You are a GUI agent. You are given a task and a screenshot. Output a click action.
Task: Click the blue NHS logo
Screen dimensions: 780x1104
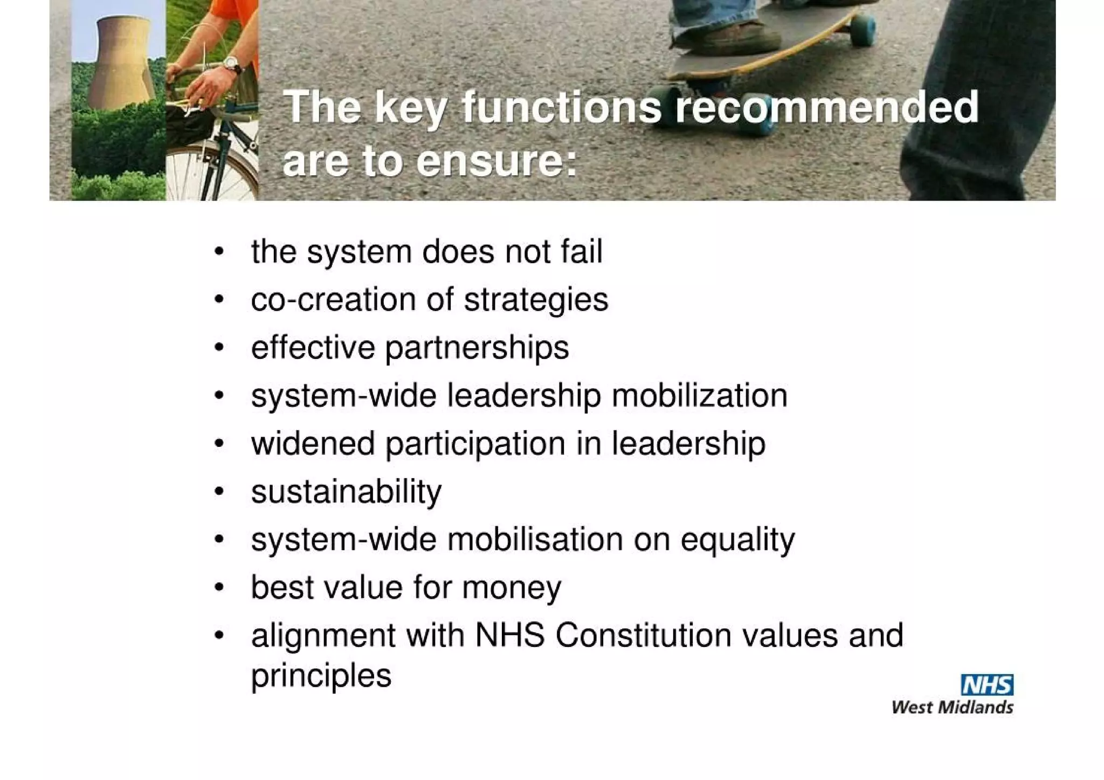(x=986, y=685)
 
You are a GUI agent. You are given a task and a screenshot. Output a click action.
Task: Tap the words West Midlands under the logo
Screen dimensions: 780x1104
(x=952, y=707)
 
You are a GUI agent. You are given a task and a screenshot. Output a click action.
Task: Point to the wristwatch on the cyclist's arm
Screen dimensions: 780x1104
(x=232, y=65)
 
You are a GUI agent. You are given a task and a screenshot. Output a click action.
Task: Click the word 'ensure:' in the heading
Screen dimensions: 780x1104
(x=496, y=161)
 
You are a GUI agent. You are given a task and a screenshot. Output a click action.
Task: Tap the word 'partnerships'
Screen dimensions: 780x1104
(x=477, y=348)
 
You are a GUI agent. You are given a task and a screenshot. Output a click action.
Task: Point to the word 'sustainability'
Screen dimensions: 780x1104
(x=346, y=492)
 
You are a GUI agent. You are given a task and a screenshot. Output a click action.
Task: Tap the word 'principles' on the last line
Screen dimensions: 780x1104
(x=321, y=676)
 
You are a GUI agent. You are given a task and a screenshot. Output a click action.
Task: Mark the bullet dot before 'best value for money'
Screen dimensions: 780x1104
(x=218, y=587)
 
